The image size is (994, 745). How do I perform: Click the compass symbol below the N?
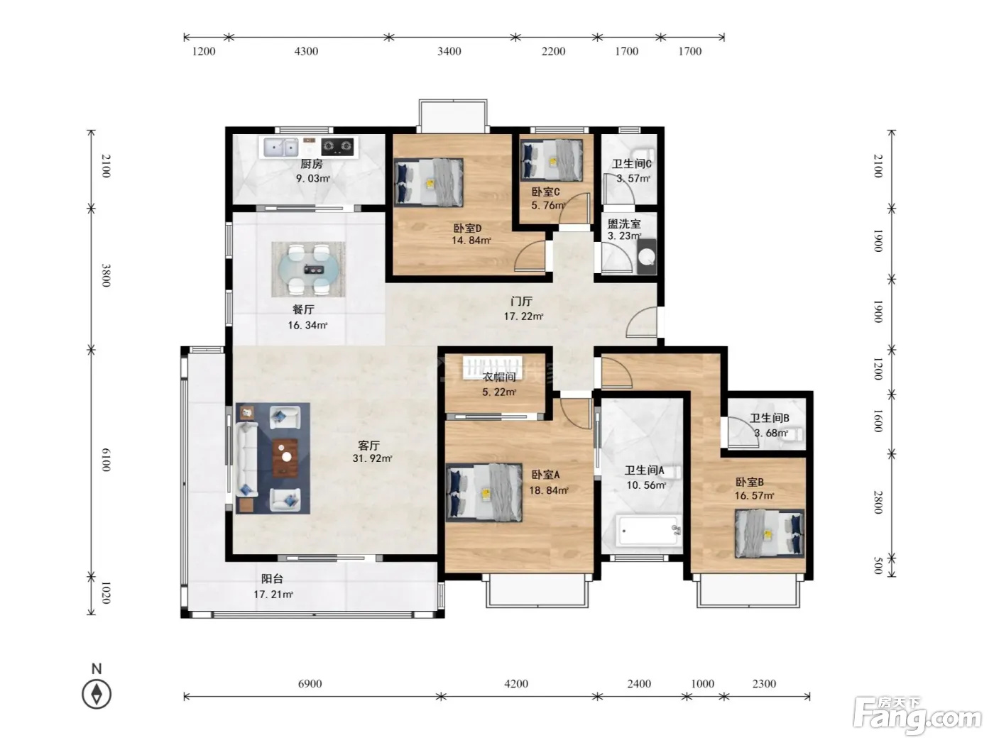click(97, 694)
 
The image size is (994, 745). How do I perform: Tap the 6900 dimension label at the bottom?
click(310, 683)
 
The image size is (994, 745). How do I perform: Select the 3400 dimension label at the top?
click(449, 51)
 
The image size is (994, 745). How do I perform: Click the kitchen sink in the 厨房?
click(280, 147)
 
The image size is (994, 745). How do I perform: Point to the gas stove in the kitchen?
click(337, 146)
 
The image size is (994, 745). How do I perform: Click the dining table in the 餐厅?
click(308, 270)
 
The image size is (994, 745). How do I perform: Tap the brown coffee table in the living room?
click(285, 458)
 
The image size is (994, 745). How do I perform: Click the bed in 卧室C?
click(552, 160)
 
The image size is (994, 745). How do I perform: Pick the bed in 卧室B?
click(770, 534)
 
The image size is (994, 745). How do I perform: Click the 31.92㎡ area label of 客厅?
click(372, 458)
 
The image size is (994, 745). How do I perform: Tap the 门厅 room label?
click(521, 302)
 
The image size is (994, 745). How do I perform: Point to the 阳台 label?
click(272, 578)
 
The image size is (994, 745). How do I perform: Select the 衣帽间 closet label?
click(499, 377)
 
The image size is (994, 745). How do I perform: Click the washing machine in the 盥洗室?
click(647, 257)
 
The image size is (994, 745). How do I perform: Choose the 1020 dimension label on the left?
click(106, 593)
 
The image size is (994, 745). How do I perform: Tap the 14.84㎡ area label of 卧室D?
click(471, 241)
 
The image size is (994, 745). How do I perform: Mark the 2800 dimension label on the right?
click(878, 502)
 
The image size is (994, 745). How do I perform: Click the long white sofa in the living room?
click(246, 459)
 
